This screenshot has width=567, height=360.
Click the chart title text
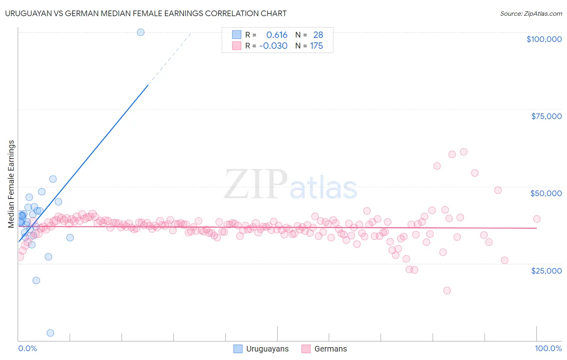[x=146, y=13]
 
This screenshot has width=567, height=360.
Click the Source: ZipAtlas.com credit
[x=531, y=13]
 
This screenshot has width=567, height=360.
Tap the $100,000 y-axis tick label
[x=544, y=39]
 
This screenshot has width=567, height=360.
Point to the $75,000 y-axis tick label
[x=546, y=116]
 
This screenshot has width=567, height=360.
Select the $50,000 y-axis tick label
[x=546, y=193]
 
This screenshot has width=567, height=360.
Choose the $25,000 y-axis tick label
[x=546, y=271]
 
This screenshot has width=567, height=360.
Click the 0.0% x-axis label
[x=27, y=348]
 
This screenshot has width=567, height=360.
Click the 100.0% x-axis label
[x=548, y=348]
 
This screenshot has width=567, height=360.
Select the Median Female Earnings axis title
[x=11, y=184]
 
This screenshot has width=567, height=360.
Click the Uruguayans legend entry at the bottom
[x=261, y=349]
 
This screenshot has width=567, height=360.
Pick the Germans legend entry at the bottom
[x=324, y=349]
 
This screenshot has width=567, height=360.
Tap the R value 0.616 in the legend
[x=277, y=35]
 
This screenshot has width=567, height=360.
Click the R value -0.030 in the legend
[x=273, y=46]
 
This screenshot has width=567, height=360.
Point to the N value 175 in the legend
[x=317, y=46]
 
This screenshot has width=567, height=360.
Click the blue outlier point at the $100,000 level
[x=140, y=32]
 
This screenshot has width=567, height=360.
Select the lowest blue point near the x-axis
[x=50, y=333]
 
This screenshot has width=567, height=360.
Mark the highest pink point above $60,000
[x=464, y=152]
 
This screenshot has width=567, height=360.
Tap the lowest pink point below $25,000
[x=447, y=291]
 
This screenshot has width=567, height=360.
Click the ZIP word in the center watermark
[x=256, y=184]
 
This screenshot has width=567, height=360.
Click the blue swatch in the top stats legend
[x=236, y=35]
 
